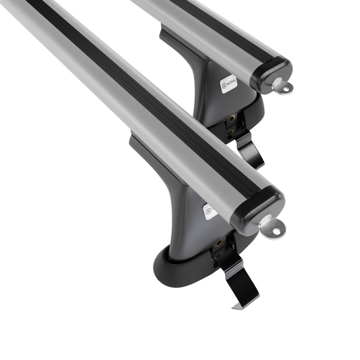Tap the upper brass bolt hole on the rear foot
pos(231,119)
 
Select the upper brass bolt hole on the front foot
pos(219,243)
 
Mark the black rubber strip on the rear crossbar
pos(204,24)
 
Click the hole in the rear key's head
pos(285,89)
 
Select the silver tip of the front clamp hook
pos(236,306)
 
